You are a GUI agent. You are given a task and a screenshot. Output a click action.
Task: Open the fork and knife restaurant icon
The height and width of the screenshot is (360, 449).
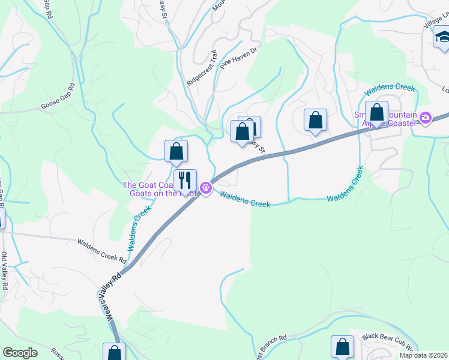pyautogui.click(x=185, y=179)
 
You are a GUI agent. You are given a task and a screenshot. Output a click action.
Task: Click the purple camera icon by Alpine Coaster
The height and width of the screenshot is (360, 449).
pyautogui.click(x=426, y=117)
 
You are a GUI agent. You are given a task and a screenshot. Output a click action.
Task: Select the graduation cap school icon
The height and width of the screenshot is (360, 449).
pyautogui.click(x=442, y=38)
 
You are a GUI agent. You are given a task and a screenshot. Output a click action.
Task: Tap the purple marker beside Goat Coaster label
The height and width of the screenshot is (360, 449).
pyautogui.click(x=206, y=188)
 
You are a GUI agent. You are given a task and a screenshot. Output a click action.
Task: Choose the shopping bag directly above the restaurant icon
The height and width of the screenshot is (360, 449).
pyautogui.click(x=176, y=151)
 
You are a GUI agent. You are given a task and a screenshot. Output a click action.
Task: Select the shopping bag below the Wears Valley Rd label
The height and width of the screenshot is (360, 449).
pyautogui.click(x=113, y=352)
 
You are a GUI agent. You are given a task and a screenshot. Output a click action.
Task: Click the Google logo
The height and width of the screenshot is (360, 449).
pyautogui.click(x=20, y=353)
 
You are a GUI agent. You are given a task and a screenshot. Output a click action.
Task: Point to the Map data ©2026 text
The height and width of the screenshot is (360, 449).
pyautogui.click(x=423, y=355)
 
